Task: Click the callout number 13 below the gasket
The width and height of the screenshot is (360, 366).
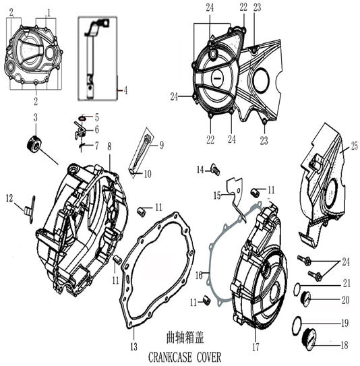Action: [x=133, y=347]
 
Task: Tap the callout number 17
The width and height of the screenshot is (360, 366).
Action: [x=256, y=347]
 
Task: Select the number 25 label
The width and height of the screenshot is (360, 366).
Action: [x=354, y=146]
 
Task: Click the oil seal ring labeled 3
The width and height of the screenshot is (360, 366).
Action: [x=35, y=143]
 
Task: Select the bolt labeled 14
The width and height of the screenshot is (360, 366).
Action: [x=216, y=169]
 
